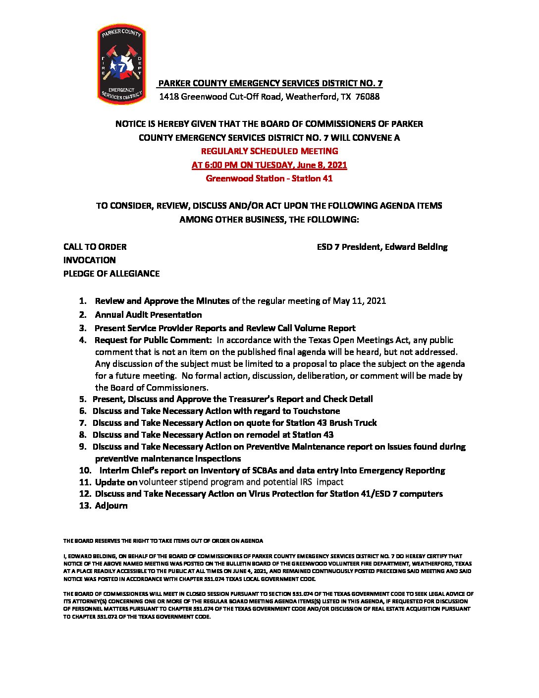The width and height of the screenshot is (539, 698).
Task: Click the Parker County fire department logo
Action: click(122, 64)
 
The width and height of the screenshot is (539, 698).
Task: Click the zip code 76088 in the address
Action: click(368, 97)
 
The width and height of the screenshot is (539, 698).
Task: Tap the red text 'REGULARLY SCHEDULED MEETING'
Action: click(269, 151)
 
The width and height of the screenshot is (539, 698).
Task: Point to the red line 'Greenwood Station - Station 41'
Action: click(269, 178)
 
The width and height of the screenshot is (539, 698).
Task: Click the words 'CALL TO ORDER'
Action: click(95, 247)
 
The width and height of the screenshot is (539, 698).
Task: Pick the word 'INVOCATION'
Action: click(89, 260)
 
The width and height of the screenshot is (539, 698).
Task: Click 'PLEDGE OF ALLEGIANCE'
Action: click(111, 274)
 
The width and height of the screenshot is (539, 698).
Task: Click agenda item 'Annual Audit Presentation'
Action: click(148, 315)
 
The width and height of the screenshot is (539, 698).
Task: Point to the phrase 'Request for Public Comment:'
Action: click(153, 340)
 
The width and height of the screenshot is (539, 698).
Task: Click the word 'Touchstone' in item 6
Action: click(317, 411)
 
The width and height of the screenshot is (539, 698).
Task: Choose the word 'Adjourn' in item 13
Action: click(111, 506)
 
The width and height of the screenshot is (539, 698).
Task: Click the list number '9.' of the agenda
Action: click(83, 447)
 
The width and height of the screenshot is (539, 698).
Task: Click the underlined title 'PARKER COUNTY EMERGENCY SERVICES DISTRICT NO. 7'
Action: click(270, 83)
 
